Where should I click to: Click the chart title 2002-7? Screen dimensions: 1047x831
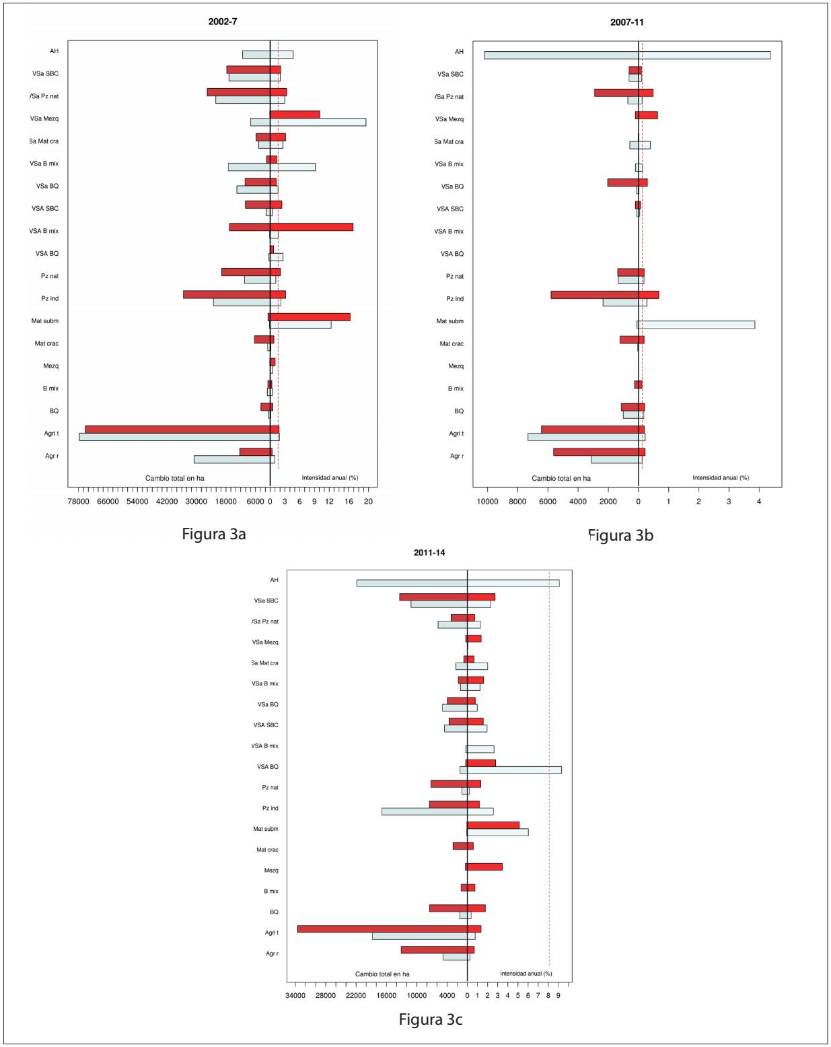pos(222,22)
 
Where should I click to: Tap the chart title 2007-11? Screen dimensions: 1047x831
pos(626,22)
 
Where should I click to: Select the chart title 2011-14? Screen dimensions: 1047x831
pos(429,553)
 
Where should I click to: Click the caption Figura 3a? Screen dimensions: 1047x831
pos(213,534)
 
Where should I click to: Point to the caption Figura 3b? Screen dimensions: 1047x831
pos(620,535)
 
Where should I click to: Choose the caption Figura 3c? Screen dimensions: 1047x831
pos(431,1019)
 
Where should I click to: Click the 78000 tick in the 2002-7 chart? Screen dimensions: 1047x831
pos(78,502)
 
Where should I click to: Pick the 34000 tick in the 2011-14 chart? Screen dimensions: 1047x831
pos(296,996)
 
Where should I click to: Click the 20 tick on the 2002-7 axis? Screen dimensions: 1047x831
pos(368,502)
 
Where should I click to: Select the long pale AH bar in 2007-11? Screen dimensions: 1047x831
pos(626,55)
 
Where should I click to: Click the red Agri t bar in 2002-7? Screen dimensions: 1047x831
pos(182,430)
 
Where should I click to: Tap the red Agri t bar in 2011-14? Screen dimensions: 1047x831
pos(389,929)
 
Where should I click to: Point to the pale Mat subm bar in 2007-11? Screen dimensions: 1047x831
pos(696,325)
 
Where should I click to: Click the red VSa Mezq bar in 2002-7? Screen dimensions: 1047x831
pos(295,114)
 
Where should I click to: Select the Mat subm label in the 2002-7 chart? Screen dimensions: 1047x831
pos(45,321)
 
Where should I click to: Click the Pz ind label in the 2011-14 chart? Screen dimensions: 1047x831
pos(270,808)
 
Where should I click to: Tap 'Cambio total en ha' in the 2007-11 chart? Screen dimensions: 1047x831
pos(561,478)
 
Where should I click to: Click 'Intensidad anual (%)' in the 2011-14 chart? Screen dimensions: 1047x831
pos(526,974)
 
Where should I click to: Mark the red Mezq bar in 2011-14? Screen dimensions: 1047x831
pos(484,867)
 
